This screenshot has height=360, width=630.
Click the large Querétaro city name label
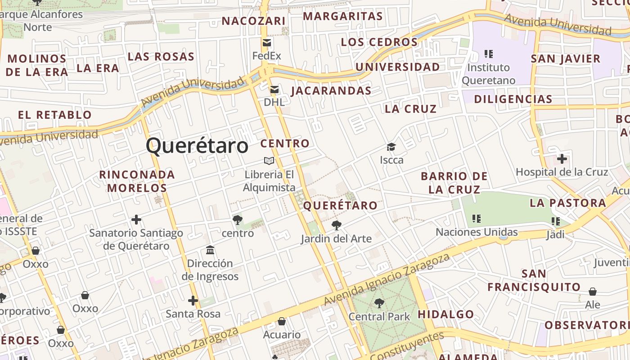(x=197, y=146)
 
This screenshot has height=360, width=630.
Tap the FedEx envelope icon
(x=267, y=43)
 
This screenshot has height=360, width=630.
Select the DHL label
(x=274, y=102)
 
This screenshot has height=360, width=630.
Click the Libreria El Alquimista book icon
(x=269, y=161)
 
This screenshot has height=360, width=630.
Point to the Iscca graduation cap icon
(x=391, y=147)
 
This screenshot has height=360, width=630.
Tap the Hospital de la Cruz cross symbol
(x=562, y=159)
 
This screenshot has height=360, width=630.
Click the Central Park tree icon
(x=379, y=303)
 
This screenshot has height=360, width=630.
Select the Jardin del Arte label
(x=336, y=238)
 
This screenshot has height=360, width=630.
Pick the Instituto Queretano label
(x=489, y=74)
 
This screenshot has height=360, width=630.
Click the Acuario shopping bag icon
(x=282, y=321)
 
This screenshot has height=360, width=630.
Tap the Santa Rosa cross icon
(x=193, y=301)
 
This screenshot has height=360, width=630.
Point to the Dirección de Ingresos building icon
(x=210, y=250)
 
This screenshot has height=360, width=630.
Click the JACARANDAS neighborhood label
(x=331, y=91)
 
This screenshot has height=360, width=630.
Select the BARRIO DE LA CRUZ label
(x=454, y=183)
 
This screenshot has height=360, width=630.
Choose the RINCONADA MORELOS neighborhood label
(x=137, y=181)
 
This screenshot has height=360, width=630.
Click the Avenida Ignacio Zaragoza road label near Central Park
(x=387, y=279)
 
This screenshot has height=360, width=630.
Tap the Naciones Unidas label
(x=477, y=232)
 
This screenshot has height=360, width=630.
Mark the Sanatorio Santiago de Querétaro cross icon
(x=136, y=220)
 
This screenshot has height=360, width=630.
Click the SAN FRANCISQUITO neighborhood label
(x=534, y=280)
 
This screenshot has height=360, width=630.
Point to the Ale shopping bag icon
(x=593, y=292)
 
